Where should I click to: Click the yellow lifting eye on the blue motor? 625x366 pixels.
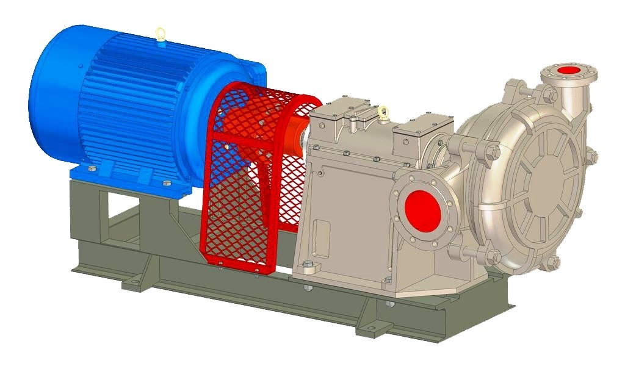pyautogui.click(x=160, y=33)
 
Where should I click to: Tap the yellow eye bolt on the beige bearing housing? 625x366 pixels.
pyautogui.click(x=383, y=112)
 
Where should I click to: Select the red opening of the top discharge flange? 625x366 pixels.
pyautogui.click(x=569, y=70)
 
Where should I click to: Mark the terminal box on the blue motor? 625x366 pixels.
pyautogui.click(x=250, y=70)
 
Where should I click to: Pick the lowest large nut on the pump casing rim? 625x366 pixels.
pyautogui.click(x=552, y=263)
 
